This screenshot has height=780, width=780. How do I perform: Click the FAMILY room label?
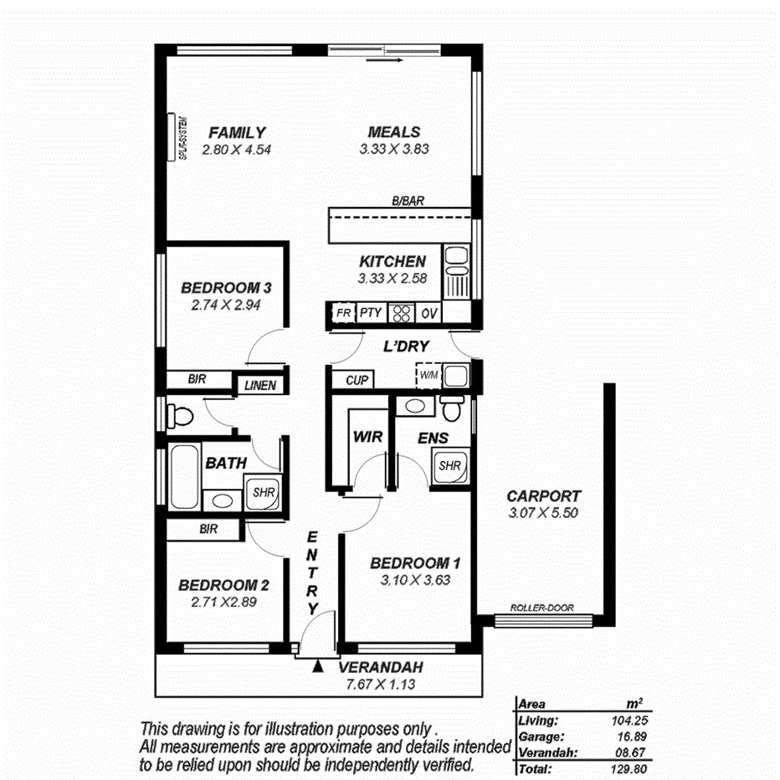[237, 132]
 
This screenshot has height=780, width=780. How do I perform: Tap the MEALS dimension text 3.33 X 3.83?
[393, 150]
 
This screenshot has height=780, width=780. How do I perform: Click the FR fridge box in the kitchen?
[343, 313]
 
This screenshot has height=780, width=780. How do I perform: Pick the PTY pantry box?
[371, 313]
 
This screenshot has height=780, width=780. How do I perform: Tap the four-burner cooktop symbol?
[401, 314]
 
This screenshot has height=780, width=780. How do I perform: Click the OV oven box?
[429, 314]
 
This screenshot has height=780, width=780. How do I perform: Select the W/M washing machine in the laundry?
[428, 375]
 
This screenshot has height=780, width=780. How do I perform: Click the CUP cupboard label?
[358, 380]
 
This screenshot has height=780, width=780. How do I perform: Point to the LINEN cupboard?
[263, 385]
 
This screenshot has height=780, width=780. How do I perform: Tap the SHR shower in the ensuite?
[450, 465]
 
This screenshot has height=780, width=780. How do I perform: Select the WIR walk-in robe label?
[367, 438]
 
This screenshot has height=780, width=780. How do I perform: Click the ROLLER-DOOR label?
[541, 608]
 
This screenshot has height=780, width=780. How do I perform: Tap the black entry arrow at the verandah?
[318, 667]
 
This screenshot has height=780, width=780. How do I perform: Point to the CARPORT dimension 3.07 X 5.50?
[543, 514]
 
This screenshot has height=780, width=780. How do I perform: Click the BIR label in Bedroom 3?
[198, 379]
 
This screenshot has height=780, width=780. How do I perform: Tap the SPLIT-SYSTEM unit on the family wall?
[179, 137]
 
